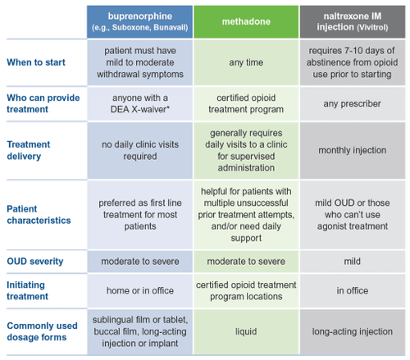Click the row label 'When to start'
(38, 62)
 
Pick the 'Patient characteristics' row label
(38, 214)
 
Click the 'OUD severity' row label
(36, 261)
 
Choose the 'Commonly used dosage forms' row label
(43, 331)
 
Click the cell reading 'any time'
(247, 62)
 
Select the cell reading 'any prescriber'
(353, 103)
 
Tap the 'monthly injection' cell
(353, 151)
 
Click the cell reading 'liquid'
(247, 331)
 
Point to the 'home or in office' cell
(141, 291)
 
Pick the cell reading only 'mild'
(353, 261)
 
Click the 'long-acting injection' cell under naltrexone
(353, 331)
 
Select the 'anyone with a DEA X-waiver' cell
(141, 103)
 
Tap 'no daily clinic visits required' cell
(141, 151)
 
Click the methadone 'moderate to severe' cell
(247, 261)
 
